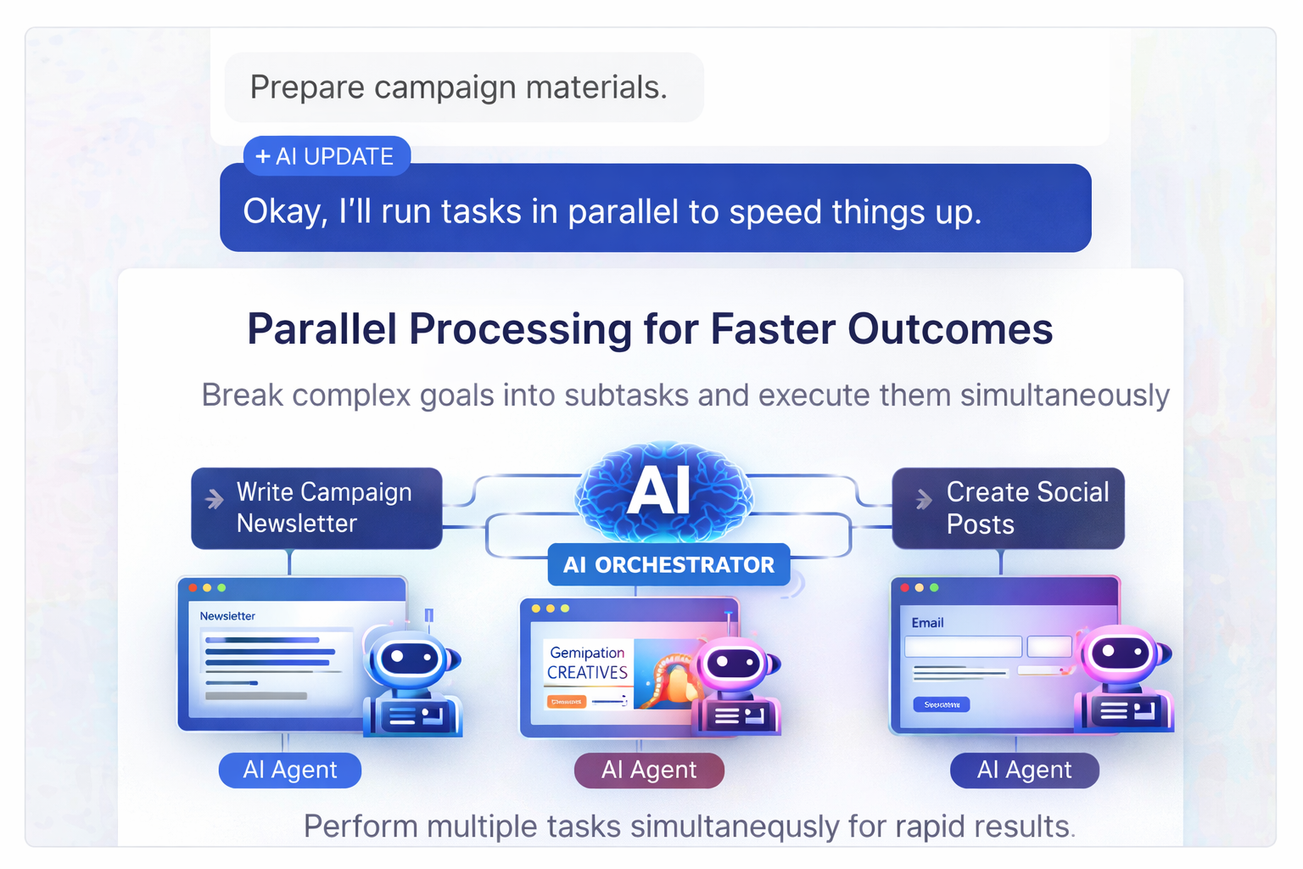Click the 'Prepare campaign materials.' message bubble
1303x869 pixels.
(x=463, y=87)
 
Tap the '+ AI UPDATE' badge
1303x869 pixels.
(x=327, y=156)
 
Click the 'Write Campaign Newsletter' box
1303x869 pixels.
(x=316, y=507)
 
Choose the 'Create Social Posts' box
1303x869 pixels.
(x=1008, y=507)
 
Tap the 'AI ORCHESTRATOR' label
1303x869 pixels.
(x=668, y=564)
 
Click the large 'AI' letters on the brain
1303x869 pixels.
(x=659, y=491)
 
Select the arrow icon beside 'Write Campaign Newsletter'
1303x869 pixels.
(x=215, y=499)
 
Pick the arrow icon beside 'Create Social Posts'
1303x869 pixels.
(x=924, y=500)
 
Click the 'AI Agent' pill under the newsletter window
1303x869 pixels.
(x=290, y=770)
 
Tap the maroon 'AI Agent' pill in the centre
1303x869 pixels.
(x=649, y=770)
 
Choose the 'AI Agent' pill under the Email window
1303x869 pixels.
(x=1024, y=770)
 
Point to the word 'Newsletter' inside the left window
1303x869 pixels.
(x=227, y=616)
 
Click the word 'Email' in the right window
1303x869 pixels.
(x=927, y=623)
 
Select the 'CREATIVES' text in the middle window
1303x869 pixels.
(x=587, y=672)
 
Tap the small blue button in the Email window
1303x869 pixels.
(x=941, y=704)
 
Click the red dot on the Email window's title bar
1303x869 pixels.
(x=905, y=587)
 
